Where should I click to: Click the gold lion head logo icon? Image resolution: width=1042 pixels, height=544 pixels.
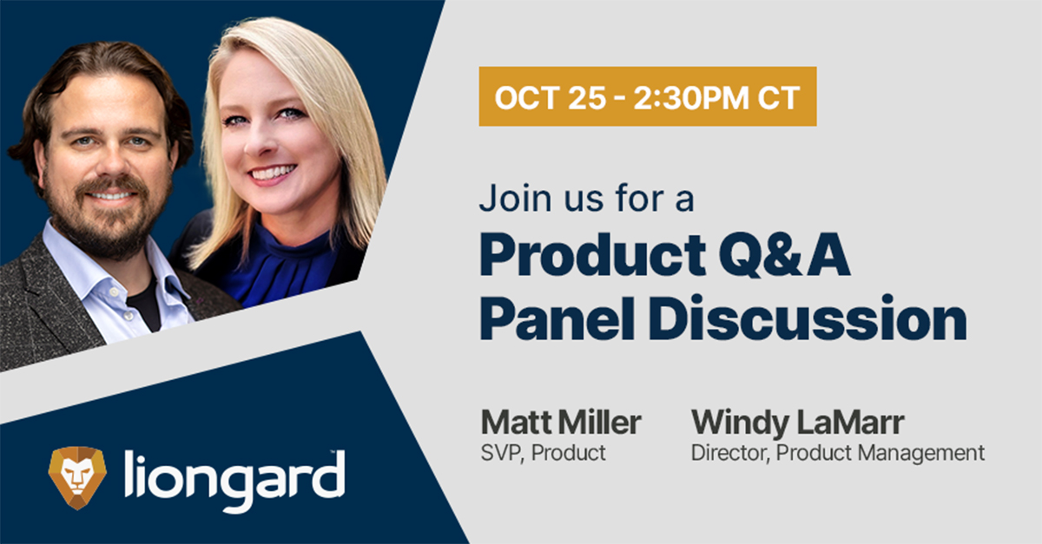tap(77, 477)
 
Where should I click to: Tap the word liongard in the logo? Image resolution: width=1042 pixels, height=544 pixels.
tap(235, 482)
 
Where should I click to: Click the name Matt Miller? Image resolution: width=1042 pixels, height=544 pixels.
tap(561, 423)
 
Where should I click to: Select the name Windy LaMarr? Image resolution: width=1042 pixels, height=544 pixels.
tap(798, 423)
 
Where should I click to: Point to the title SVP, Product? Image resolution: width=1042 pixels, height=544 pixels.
tap(544, 453)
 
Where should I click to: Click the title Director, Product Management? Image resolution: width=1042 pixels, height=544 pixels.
tap(838, 453)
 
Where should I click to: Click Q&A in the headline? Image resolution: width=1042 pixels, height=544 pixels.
tap(785, 256)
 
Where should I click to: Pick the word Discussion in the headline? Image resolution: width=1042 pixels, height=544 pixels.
tap(808, 319)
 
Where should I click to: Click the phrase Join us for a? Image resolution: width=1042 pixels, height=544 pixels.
tap(587, 198)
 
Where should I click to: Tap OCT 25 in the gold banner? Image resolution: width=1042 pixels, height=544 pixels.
tap(551, 98)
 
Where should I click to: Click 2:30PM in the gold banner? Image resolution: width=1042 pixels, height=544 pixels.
tap(691, 98)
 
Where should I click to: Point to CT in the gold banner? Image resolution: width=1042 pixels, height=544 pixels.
tap(778, 98)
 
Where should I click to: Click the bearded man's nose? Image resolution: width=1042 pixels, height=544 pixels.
tap(111, 161)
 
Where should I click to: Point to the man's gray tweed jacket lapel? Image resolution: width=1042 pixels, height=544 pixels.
tap(51, 298)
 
